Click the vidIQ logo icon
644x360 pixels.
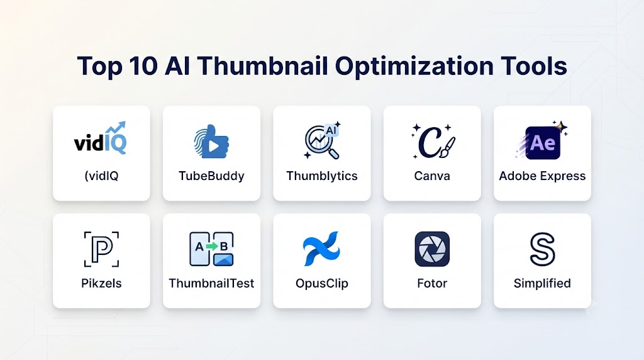tap(100, 138)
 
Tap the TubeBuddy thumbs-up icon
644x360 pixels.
tap(211, 142)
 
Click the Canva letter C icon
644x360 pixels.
tap(433, 141)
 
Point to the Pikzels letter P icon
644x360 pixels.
tap(101, 249)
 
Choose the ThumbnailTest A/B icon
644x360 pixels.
tap(211, 249)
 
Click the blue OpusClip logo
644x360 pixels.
tap(321, 248)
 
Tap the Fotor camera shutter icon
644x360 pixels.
tap(432, 249)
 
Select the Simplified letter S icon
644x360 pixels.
tap(542, 249)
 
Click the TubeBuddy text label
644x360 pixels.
tap(211, 176)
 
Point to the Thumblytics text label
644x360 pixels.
tap(322, 176)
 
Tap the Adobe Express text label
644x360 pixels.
tap(542, 176)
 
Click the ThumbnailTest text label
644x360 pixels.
tap(211, 283)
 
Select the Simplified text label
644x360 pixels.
tap(542, 283)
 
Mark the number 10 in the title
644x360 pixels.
tap(143, 65)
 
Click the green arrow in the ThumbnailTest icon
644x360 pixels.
tap(211, 247)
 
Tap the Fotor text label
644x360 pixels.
tap(432, 283)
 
